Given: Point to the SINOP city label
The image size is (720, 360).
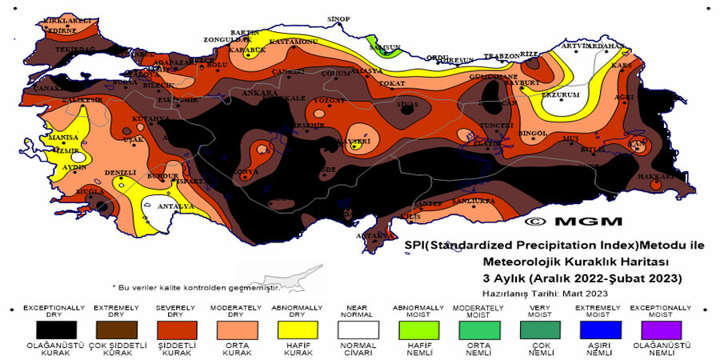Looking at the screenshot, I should [x=338, y=18].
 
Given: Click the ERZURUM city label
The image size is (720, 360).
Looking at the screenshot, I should [x=559, y=94].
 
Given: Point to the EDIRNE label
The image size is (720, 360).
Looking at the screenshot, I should [x=62, y=30].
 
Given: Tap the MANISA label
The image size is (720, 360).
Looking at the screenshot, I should [x=63, y=137].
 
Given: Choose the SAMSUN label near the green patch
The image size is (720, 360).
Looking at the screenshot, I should [x=384, y=47].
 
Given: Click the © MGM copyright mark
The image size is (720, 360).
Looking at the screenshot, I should [x=562, y=219].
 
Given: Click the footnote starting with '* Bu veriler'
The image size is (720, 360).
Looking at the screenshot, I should [x=196, y=286].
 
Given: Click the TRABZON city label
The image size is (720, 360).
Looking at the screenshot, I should [x=501, y=57].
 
